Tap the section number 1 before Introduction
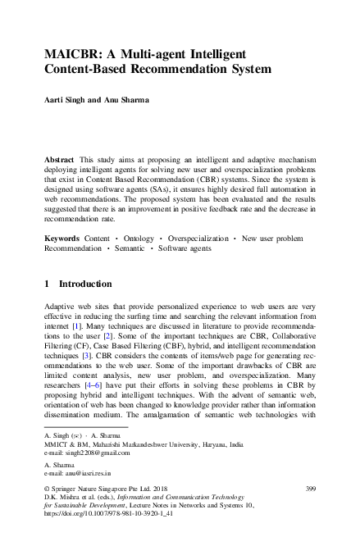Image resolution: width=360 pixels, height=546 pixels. [x=47, y=284]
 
